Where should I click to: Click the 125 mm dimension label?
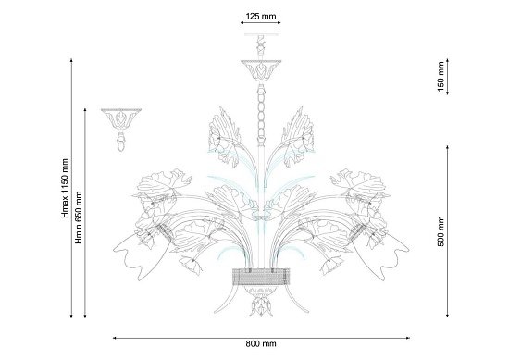(x=261, y=16)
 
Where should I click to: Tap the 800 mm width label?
(x=261, y=343)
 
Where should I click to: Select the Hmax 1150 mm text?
(x=65, y=188)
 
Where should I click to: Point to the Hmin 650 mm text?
(x=79, y=217)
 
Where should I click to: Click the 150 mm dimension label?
(x=441, y=77)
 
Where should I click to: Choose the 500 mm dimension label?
(x=441, y=231)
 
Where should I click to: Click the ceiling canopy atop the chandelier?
(x=261, y=70)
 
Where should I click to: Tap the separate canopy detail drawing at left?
(x=121, y=130)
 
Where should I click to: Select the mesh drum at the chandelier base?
(x=261, y=277)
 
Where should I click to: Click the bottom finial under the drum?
(x=261, y=304)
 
